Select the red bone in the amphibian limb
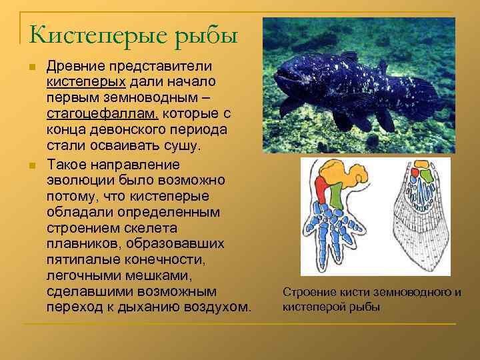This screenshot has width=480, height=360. tap(321, 190)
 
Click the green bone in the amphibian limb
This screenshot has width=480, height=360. tap(337, 194)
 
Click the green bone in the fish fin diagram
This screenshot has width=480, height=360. tap(424, 177)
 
